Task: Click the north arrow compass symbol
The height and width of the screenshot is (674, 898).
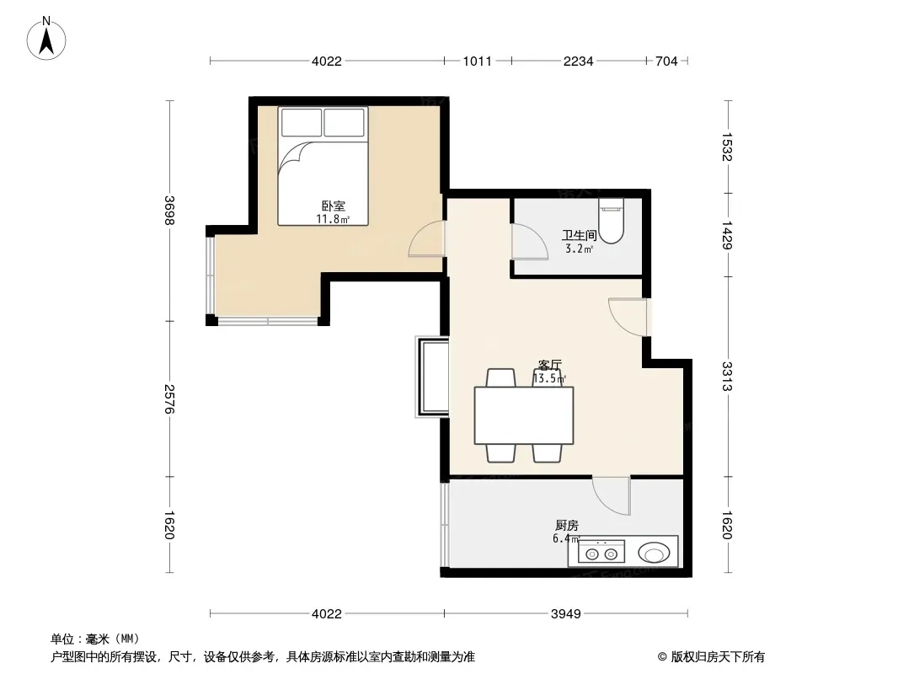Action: [46, 39]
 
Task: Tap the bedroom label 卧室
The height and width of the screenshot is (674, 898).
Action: [334, 206]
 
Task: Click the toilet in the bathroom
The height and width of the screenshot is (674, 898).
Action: [611, 221]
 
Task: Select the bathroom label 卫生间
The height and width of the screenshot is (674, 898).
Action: [580, 235]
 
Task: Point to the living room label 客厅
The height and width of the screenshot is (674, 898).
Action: [550, 365]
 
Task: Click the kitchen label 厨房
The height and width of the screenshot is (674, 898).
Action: [567, 525]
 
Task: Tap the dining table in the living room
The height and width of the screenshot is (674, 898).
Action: [524, 415]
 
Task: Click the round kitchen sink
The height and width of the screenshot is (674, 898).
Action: [654, 554]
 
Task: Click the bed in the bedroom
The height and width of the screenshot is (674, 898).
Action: [323, 166]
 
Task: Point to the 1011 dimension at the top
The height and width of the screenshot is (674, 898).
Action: [478, 62]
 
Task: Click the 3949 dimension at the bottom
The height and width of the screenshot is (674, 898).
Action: [566, 614]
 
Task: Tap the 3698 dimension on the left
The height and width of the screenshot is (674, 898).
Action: [169, 210]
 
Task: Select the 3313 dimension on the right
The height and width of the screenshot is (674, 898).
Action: [727, 377]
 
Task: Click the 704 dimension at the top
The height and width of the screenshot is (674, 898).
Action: [666, 62]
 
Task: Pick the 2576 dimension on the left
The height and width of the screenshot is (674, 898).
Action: [169, 399]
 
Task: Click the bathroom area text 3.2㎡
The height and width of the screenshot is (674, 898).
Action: [579, 249]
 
